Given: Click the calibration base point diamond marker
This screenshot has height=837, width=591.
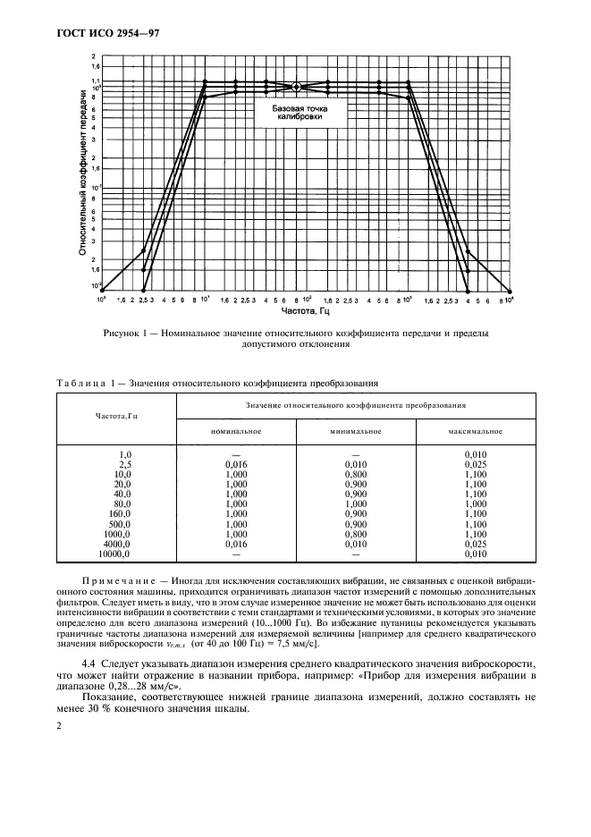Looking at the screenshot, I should click(x=297, y=87).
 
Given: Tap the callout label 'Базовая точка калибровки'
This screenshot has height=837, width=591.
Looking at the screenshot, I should click(x=297, y=112).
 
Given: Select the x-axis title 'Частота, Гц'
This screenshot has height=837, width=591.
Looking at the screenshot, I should click(x=307, y=313).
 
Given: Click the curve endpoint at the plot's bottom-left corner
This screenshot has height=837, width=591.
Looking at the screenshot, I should click(x=102, y=290).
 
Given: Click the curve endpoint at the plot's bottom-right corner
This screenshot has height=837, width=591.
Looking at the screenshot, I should click(x=510, y=290).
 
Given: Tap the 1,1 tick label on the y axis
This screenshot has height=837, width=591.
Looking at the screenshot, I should click(x=95, y=81).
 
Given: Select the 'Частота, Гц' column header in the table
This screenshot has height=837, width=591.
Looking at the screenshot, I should click(x=115, y=416).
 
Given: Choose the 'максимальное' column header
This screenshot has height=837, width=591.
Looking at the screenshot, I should click(x=475, y=431).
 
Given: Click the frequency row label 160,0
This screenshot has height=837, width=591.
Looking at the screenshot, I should click(x=119, y=513).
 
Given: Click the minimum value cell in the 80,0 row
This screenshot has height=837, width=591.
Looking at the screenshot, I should click(x=355, y=503).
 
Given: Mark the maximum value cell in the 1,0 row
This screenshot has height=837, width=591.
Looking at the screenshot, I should click(x=475, y=454).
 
